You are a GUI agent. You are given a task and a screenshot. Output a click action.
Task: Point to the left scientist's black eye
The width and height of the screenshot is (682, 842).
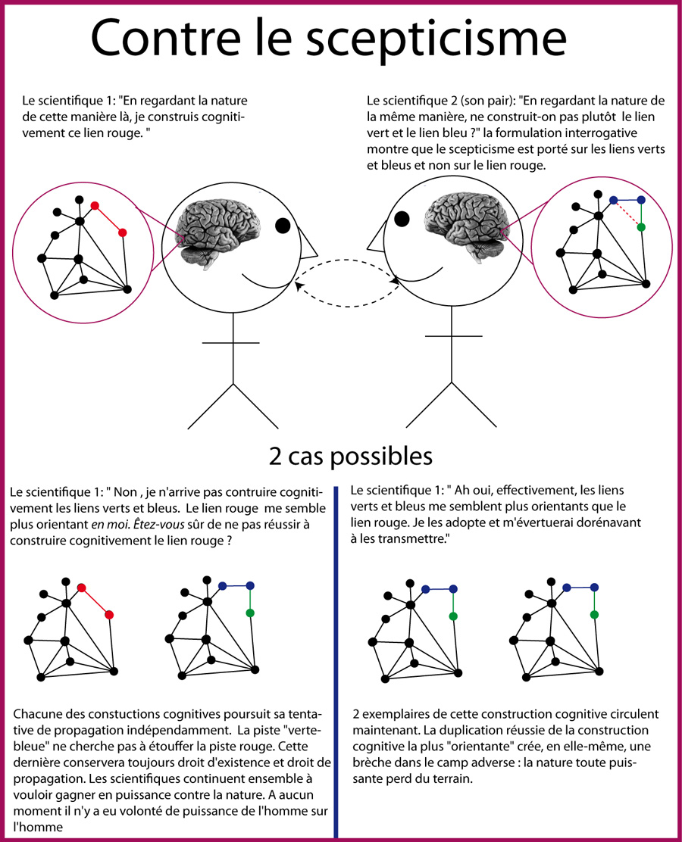(283, 226)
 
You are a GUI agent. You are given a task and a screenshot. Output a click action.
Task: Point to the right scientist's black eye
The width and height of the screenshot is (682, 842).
(402, 220)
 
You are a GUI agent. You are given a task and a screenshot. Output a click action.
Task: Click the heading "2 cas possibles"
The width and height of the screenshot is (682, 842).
(350, 457)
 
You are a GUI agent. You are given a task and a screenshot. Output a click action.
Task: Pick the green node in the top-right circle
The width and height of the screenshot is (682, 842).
(641, 227)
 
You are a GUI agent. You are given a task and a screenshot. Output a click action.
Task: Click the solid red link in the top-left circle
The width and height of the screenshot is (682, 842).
(108, 219)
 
